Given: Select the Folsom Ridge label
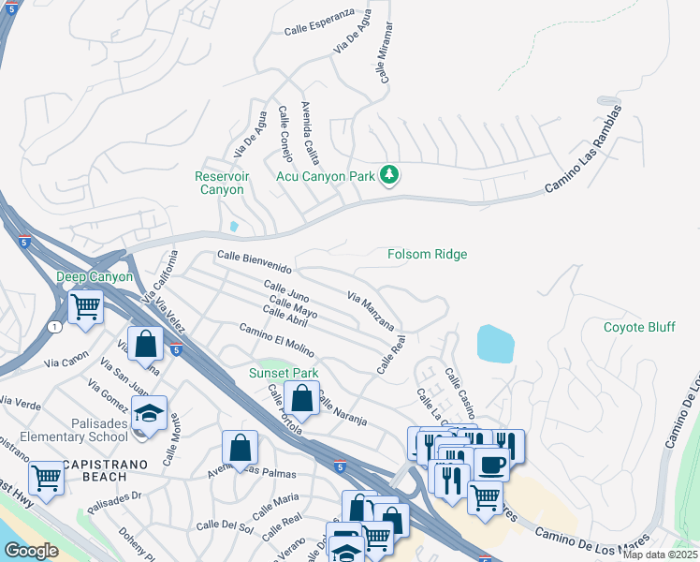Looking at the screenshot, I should click(x=428, y=254).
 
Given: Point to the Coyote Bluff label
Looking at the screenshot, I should click(x=639, y=327).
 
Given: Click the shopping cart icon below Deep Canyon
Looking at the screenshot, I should click(x=85, y=305).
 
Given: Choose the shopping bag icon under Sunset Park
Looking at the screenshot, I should click(x=301, y=398).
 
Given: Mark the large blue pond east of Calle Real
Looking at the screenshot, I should click(x=495, y=344).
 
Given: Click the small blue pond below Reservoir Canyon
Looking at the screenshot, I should click(x=233, y=226).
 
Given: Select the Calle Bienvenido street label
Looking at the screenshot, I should click(x=255, y=262).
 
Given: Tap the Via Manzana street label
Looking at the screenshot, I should click(x=371, y=310).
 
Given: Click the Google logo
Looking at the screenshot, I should click(x=31, y=551).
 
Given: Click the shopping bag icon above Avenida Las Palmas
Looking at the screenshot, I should click(x=241, y=448).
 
